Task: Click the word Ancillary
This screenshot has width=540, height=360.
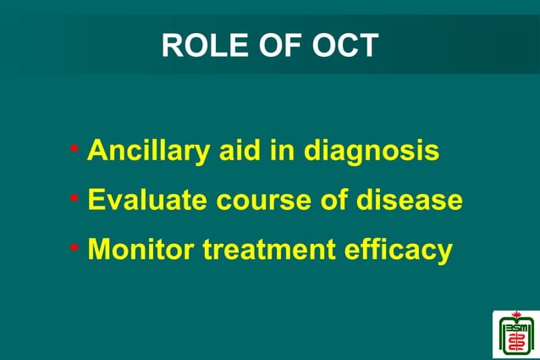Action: pos(140,151)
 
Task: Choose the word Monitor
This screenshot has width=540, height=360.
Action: pos(136,250)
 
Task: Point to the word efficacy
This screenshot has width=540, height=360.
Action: pos(397,252)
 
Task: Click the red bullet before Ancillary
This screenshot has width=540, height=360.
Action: pos(75,151)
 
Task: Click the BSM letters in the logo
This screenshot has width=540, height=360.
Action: pos(515,329)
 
